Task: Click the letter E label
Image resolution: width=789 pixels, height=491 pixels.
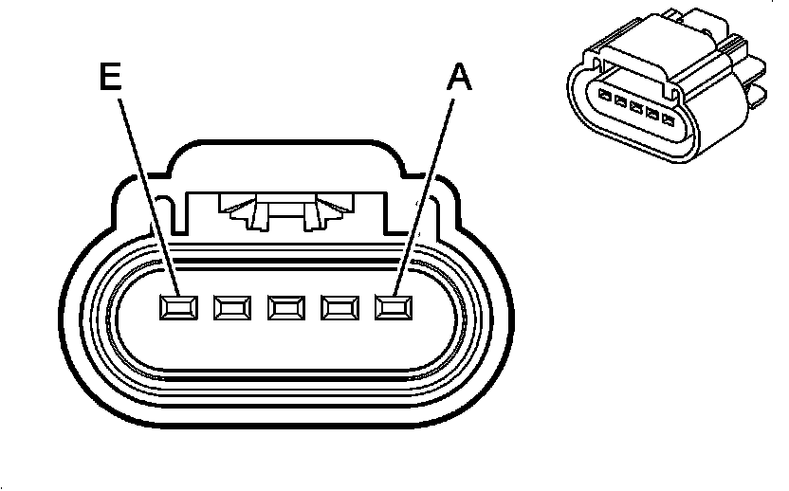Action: (110, 77)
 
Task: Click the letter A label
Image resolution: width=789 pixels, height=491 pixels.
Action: (459, 77)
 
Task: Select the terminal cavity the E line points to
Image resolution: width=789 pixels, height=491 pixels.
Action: (178, 307)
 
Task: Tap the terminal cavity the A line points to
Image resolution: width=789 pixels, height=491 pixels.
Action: (394, 307)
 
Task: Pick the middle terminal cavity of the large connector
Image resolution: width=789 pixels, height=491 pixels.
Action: (286, 307)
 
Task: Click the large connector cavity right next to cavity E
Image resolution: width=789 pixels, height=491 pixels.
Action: (232, 307)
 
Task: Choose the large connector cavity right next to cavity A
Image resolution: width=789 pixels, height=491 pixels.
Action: (340, 307)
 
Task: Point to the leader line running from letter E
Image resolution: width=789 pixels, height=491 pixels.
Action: (149, 197)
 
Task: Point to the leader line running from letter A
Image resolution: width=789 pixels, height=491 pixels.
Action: (424, 197)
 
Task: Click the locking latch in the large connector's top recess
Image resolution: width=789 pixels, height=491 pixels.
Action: (285, 211)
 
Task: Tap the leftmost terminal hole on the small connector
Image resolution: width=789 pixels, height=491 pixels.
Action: (604, 95)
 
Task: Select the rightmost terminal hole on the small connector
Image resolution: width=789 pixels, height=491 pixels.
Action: (669, 120)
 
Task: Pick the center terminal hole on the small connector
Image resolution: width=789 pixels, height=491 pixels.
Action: (636, 108)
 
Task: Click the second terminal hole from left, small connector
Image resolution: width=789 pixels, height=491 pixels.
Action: (620, 101)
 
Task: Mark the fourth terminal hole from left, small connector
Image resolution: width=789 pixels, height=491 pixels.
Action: (652, 114)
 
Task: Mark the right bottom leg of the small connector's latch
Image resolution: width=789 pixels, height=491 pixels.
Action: (672, 92)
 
